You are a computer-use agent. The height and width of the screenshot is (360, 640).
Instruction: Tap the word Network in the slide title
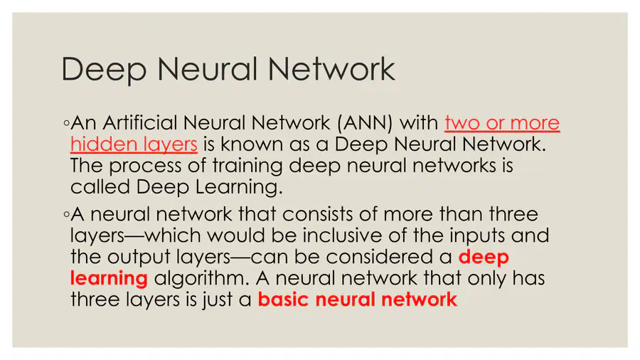click(x=331, y=69)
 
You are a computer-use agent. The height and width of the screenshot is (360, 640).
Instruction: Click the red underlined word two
click(x=462, y=123)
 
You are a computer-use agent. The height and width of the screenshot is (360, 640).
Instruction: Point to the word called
click(x=100, y=186)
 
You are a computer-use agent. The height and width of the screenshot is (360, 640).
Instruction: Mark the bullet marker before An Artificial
click(x=66, y=123)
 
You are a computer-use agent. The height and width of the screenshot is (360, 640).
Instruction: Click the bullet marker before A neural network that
click(x=66, y=214)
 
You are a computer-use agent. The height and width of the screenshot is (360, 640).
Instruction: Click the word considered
click(x=388, y=257)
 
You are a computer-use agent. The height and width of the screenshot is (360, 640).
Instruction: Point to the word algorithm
click(x=201, y=279)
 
